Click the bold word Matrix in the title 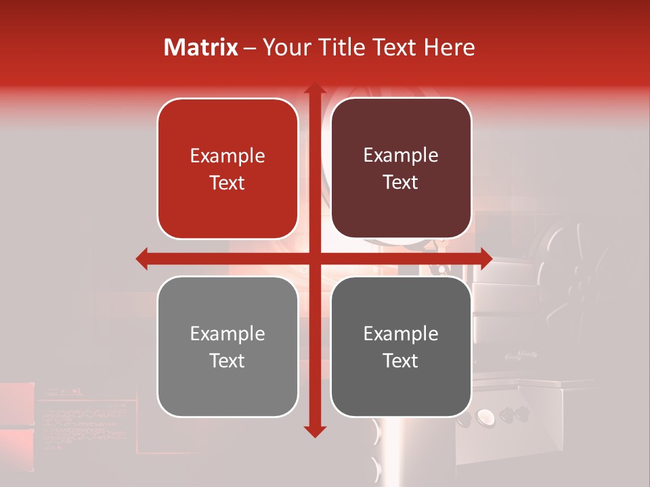point(201,47)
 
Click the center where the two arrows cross point(314,258)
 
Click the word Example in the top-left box point(227,156)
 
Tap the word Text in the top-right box point(401,183)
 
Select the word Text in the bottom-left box point(227,361)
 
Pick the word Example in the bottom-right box point(401,333)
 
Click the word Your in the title point(284,47)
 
